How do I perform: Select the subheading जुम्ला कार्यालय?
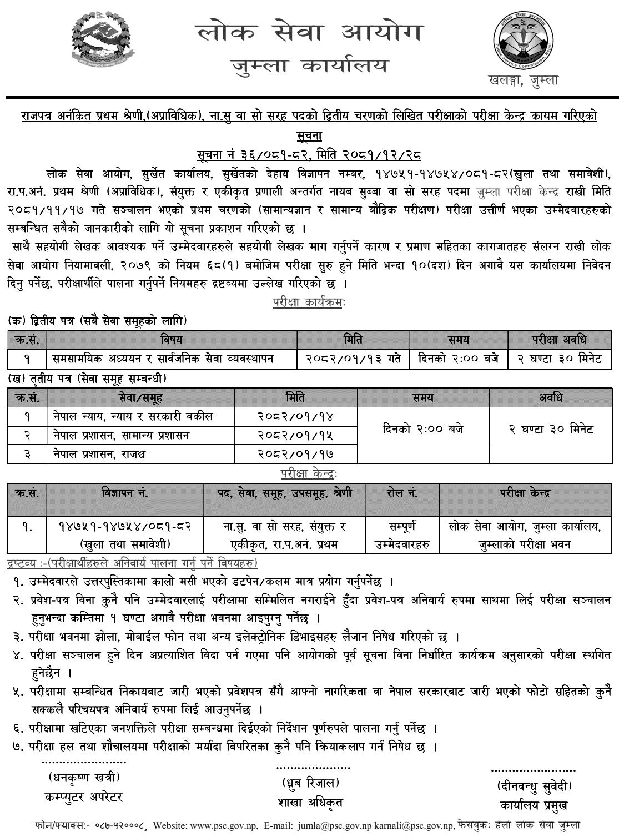310,67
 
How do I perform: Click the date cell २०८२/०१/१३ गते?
354,359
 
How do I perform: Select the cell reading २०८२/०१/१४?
296,416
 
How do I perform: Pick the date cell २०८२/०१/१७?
296,454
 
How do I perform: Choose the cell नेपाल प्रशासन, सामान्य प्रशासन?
121,435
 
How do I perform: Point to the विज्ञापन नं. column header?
125,493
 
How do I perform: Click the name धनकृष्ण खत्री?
84,777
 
